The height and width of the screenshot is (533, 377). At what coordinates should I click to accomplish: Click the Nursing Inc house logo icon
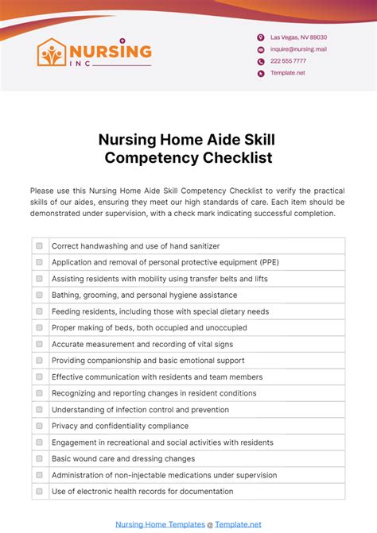point(52,53)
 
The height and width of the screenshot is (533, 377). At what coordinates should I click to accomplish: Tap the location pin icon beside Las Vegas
point(260,37)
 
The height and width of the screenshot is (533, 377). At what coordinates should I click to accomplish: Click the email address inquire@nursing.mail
point(298,49)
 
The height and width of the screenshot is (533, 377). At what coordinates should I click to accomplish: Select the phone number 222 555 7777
point(288,61)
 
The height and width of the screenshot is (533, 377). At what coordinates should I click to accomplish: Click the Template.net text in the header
point(287,73)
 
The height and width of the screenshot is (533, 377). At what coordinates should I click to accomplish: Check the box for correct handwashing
point(39,246)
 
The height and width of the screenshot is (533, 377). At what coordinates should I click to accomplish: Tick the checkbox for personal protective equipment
point(39,262)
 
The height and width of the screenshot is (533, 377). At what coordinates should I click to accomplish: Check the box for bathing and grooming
point(39,295)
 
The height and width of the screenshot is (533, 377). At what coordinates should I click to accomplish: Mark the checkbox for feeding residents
point(39,311)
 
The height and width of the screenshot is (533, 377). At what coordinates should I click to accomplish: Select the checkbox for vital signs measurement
point(39,344)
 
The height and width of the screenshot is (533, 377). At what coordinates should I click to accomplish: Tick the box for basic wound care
point(39,458)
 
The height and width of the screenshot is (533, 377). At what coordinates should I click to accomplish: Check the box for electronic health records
point(39,491)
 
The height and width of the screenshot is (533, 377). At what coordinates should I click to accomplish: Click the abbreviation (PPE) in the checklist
point(266,262)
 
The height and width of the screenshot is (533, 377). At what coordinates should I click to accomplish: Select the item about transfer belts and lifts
point(159,279)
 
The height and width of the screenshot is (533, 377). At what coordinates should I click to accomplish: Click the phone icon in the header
point(260,61)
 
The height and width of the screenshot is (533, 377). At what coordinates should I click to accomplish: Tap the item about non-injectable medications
point(164,475)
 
